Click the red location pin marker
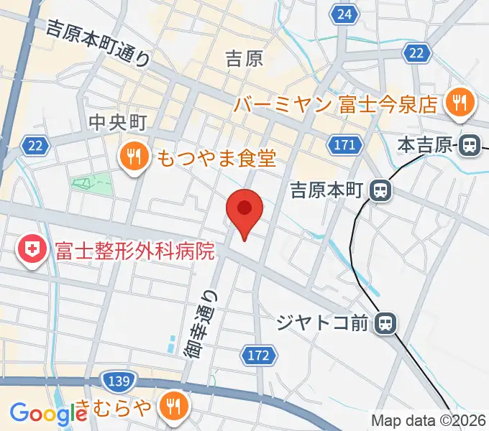[244, 209]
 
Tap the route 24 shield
[345, 13]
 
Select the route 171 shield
[345, 145]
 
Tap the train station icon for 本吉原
[470, 146]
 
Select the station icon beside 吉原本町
[380, 190]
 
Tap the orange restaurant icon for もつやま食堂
[134, 156]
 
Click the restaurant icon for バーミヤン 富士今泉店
[459, 103]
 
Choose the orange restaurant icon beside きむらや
[173, 406]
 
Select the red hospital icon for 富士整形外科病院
[32, 251]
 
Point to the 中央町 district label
[117, 123]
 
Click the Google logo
[48, 413]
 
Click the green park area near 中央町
[91, 183]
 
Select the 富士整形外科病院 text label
[135, 251]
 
